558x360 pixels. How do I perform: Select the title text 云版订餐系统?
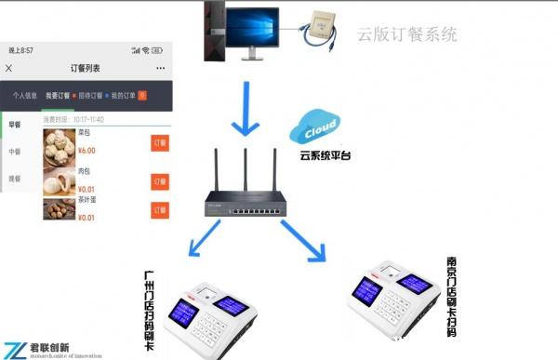click(407, 36)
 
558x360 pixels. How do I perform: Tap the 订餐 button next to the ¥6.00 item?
click(159, 143)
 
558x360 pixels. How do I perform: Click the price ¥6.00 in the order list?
click(86, 150)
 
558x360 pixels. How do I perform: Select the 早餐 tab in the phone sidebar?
click(16, 125)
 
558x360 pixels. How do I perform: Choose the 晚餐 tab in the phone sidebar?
click(16, 178)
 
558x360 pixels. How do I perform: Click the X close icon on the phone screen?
click(9, 68)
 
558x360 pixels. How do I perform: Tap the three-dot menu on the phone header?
click(160, 68)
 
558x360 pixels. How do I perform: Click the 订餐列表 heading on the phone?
click(86, 68)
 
